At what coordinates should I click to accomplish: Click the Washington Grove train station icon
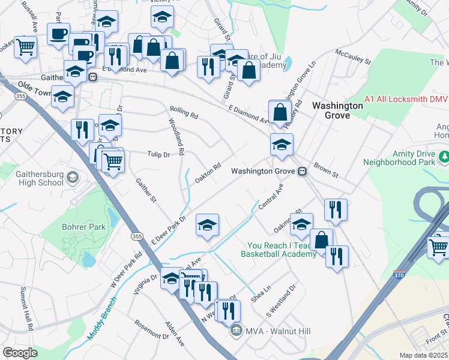[303, 171]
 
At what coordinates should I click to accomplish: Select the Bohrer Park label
[83, 227]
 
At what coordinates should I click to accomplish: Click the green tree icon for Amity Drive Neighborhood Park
[444, 157]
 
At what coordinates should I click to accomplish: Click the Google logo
[20, 353]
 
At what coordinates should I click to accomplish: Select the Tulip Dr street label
[159, 154]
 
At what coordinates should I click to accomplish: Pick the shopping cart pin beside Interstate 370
[438, 246]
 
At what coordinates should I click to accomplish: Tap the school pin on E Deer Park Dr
[208, 226]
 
